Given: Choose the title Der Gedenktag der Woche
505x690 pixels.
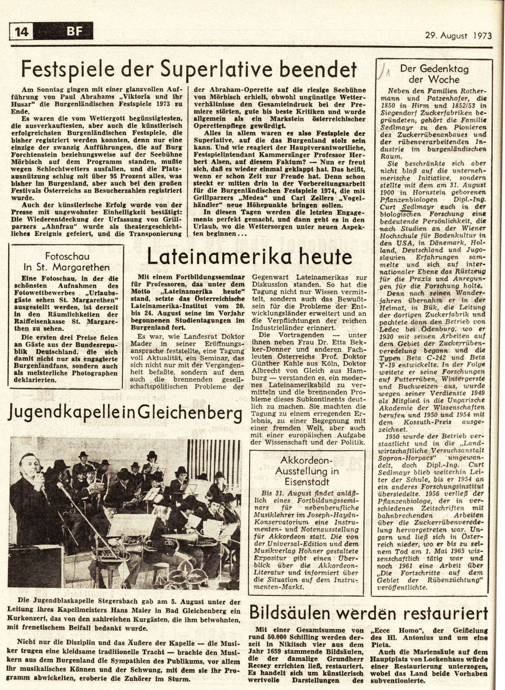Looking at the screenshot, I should tap(434, 74).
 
